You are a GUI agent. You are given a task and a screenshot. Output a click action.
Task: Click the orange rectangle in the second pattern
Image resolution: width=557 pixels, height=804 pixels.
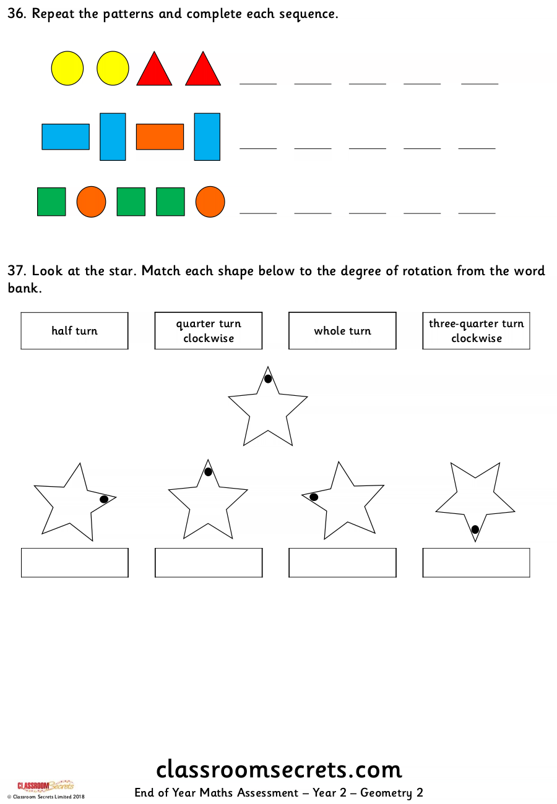point(160,137)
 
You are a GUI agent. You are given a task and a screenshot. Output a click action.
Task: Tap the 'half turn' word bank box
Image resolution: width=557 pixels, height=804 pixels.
point(74,331)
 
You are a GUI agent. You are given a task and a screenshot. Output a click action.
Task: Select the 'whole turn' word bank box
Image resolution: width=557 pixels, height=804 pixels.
point(342,331)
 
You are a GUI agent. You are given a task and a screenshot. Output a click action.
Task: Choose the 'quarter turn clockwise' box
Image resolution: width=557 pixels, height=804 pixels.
point(209,331)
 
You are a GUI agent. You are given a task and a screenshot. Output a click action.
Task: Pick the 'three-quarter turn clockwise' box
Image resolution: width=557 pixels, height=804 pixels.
point(476,331)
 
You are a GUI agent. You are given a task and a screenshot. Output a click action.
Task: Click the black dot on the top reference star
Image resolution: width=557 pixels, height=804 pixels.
point(268,378)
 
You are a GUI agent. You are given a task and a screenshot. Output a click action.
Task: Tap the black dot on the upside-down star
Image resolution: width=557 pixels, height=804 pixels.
point(475,529)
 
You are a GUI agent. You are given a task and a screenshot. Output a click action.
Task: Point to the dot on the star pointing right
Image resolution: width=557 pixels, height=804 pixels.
point(104,499)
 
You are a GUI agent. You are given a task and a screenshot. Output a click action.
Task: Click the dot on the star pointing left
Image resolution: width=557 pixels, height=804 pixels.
point(314,497)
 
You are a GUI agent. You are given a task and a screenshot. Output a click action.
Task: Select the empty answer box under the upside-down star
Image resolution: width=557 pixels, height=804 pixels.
point(476,562)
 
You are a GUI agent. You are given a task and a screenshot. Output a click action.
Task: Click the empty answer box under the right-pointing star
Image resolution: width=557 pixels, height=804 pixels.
point(75,562)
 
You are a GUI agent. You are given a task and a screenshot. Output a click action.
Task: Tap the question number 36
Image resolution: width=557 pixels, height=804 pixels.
point(17,14)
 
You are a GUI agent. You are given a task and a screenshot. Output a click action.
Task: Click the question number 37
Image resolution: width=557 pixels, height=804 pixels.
point(17,271)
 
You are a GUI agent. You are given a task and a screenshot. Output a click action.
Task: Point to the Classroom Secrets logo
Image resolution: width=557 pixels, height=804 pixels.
point(46,785)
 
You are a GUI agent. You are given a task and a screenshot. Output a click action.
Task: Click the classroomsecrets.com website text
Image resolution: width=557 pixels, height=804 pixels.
point(278,769)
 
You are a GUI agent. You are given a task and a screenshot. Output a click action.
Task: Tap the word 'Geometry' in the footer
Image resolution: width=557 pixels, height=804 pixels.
point(386,793)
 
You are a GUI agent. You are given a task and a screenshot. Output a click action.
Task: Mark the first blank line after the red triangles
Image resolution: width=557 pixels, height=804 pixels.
point(258,84)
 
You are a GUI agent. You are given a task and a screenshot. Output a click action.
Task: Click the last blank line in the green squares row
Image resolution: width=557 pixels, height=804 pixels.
point(477,213)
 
